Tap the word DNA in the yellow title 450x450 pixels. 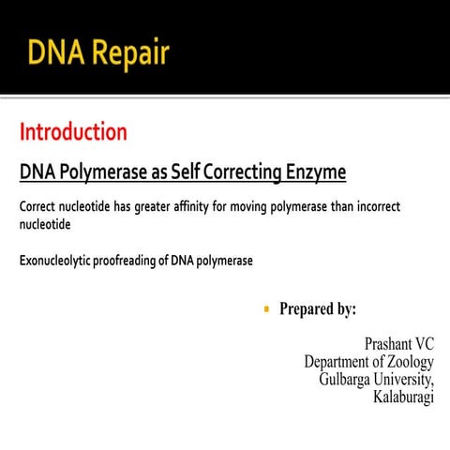click(53, 52)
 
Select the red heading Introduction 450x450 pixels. click(73, 132)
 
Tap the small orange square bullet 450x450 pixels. click(266, 307)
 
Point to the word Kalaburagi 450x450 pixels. click(403, 397)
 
